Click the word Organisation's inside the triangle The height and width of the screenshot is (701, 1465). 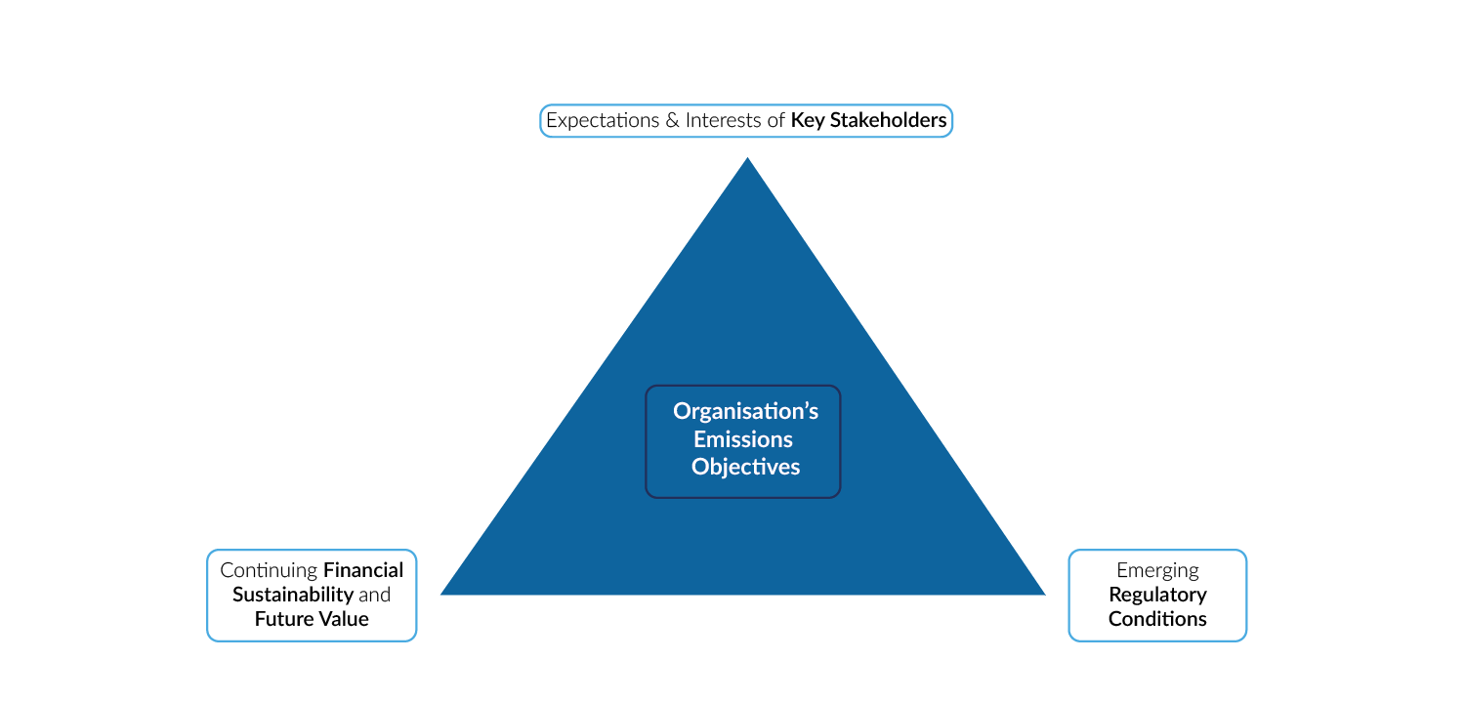pos(745,411)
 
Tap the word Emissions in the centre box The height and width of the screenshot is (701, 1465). pos(742,439)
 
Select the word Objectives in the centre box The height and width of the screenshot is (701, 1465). pos(745,468)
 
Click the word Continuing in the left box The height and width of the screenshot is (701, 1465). pos(269,570)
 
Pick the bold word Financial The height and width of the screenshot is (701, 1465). pos(363,570)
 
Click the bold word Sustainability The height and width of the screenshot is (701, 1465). pos(292,595)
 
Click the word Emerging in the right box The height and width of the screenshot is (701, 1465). pos(1157,570)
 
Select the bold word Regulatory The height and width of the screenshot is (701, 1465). pos(1157,595)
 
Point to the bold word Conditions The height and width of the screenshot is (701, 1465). pos(1157,619)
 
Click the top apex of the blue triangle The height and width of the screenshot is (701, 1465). pos(747,160)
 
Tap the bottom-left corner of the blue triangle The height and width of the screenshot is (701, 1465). pos(443,593)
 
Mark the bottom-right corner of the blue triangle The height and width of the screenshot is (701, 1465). pos(1043,593)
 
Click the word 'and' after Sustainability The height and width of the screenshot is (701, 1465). pos(374,595)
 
